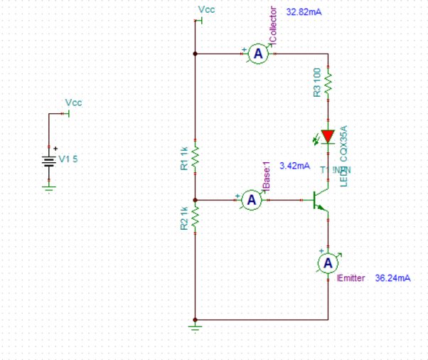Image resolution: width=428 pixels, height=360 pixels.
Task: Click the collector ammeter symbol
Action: [x=260, y=54]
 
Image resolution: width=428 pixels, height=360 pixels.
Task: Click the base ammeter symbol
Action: [x=250, y=201]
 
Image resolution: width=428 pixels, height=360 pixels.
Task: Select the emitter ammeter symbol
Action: [x=328, y=263]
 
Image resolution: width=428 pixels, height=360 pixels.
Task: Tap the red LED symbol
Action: [x=328, y=136]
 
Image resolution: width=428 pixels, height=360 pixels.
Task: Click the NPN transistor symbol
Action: [x=322, y=201]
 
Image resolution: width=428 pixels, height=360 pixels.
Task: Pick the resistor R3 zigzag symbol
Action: [x=328, y=84]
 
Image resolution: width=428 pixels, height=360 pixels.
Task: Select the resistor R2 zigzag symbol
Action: [x=195, y=218]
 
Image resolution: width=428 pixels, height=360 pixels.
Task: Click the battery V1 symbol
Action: [x=48, y=160]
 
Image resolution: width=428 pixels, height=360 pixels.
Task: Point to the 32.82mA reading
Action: [x=304, y=13]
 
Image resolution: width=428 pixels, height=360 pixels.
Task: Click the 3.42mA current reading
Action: [x=295, y=166]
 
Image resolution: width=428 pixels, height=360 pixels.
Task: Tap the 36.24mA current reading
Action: [x=392, y=278]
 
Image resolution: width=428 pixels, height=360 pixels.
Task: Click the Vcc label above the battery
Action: [x=73, y=103]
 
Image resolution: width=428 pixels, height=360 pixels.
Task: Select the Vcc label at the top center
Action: [x=205, y=9]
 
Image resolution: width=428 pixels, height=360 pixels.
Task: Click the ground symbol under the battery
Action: [x=48, y=187]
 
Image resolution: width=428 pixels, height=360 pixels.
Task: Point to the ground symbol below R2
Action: [x=195, y=327]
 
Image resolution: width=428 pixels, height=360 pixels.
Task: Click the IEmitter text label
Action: [x=353, y=278]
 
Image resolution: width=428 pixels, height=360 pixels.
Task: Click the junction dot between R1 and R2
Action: [x=195, y=201]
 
